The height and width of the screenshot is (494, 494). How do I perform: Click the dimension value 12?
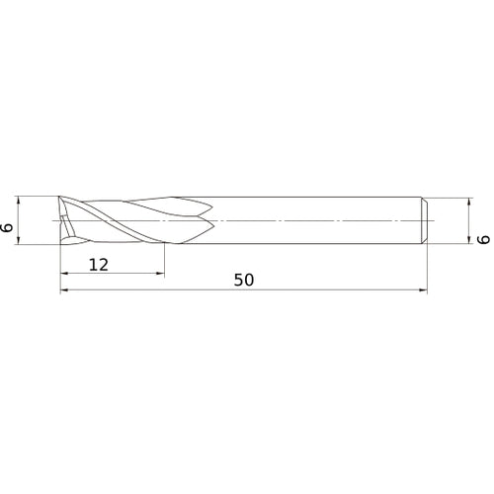click(98, 264)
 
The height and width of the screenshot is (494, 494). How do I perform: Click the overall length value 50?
click(244, 280)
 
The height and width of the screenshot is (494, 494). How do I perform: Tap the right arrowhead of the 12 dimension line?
click(160, 274)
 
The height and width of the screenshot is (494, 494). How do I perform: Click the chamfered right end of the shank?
click(425, 218)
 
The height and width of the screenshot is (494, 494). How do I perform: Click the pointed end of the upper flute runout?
click(209, 207)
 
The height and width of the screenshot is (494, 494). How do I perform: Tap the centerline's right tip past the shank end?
click(436, 218)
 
